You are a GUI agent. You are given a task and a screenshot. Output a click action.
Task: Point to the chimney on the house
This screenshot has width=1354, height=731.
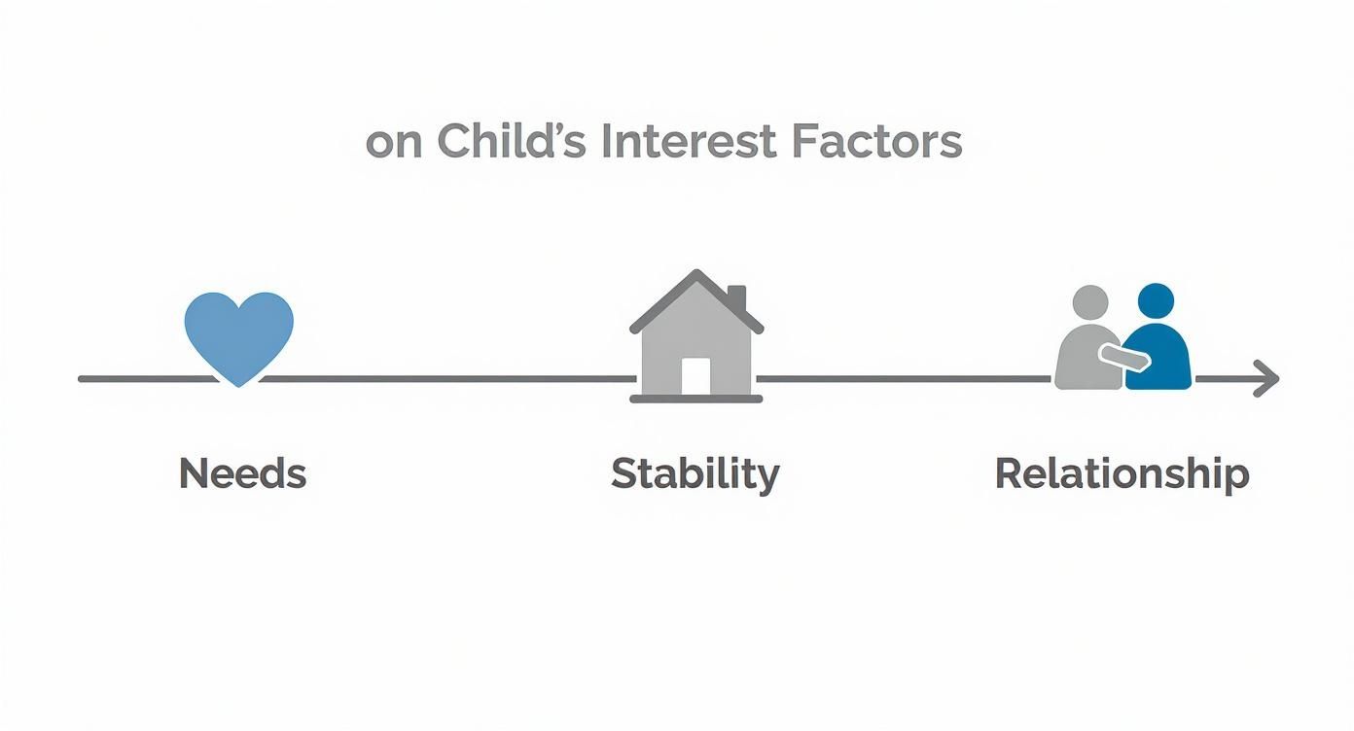click(736, 296)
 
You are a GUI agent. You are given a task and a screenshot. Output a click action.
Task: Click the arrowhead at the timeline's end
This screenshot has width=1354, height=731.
click(1266, 378)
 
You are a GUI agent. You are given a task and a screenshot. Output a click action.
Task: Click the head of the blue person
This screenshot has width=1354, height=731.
click(1156, 301)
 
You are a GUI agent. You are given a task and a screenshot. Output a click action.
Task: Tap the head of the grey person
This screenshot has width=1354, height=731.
click(1090, 303)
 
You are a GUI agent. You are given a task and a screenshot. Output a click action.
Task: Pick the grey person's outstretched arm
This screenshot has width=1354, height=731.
click(1124, 357)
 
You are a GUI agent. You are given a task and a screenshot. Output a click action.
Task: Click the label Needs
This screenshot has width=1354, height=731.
click(242, 474)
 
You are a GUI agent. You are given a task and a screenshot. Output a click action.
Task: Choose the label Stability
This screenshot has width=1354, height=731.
click(695, 474)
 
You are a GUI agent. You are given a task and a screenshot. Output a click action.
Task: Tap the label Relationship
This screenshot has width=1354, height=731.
click(1122, 474)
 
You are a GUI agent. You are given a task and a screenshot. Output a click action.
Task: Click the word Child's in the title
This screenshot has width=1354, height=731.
click(511, 142)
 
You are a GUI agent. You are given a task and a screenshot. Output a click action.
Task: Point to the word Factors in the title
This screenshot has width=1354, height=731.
click(875, 142)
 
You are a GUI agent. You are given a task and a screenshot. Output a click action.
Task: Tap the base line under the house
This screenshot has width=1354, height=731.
click(695, 399)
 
